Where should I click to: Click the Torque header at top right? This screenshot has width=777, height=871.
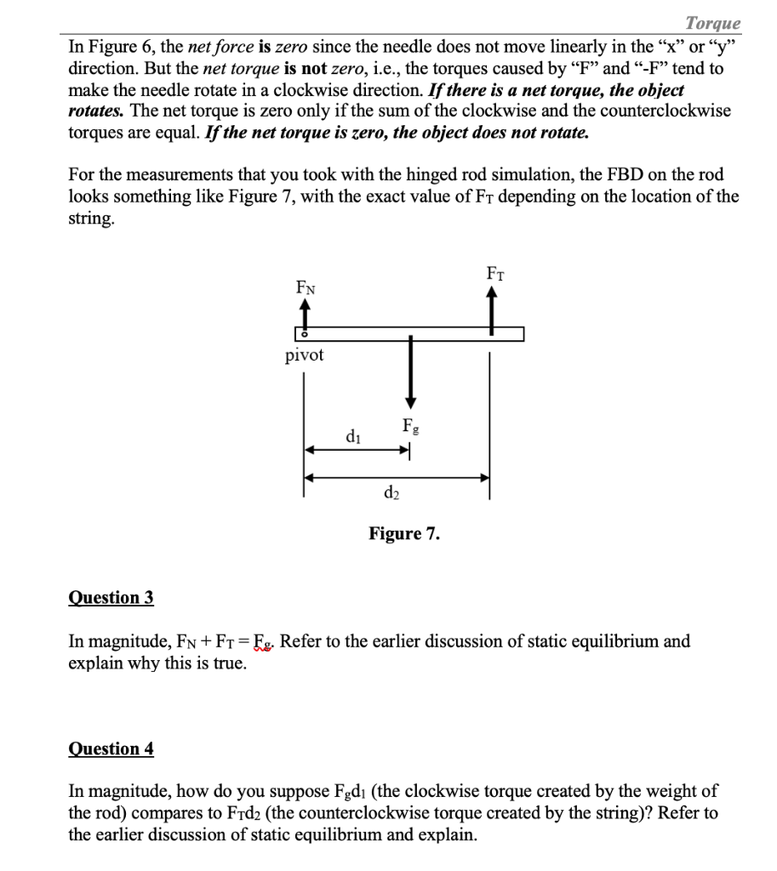[713, 23]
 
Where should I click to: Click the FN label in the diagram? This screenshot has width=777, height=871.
[304, 288]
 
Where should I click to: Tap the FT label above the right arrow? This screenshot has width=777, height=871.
[494, 273]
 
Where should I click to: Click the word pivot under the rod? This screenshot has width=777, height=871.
[304, 356]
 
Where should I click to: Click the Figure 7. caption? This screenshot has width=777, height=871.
[404, 534]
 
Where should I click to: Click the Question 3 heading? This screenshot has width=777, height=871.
[111, 597]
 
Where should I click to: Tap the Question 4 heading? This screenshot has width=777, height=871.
[111, 749]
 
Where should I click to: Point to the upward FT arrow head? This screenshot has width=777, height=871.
[491, 292]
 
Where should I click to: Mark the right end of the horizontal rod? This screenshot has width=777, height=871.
[521, 334]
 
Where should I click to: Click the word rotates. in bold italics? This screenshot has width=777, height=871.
[96, 111]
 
